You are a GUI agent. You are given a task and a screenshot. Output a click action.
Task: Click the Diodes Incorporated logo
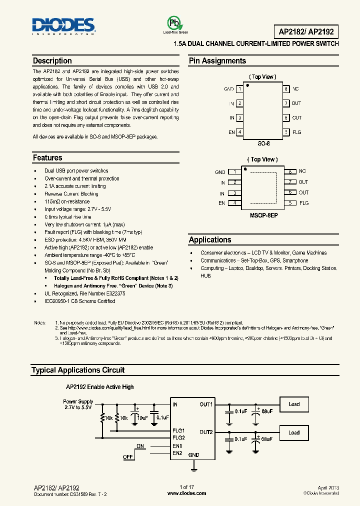tap(63, 26)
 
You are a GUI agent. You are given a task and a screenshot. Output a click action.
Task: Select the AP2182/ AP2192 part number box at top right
tap(306, 32)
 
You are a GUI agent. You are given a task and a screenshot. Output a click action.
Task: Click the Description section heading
tap(52, 61)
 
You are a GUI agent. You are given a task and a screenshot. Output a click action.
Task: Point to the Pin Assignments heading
tap(217, 61)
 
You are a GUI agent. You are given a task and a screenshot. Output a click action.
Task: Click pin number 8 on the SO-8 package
tap(286, 89)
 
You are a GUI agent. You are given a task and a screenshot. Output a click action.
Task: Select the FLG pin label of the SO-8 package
tap(297, 132)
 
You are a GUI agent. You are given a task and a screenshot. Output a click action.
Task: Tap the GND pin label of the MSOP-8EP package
tap(220, 172)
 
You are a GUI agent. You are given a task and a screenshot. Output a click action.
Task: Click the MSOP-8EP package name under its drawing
tap(263, 218)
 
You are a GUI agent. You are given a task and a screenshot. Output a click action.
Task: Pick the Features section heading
tap(47, 158)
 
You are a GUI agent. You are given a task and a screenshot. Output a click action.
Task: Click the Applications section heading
tap(210, 240)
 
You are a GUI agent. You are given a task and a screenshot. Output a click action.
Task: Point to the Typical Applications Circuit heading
tap(77, 370)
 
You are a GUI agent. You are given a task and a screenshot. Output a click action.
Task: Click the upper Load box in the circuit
tap(294, 404)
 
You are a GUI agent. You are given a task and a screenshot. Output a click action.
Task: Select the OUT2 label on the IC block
tap(206, 432)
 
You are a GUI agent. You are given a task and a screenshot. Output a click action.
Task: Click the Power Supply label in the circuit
tap(78, 401)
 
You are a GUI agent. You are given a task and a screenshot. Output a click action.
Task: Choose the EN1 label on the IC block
tap(177, 446)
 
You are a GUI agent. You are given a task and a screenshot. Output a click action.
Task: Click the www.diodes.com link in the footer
tap(186, 493)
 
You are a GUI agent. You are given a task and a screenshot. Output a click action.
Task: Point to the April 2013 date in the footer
tap(328, 487)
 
